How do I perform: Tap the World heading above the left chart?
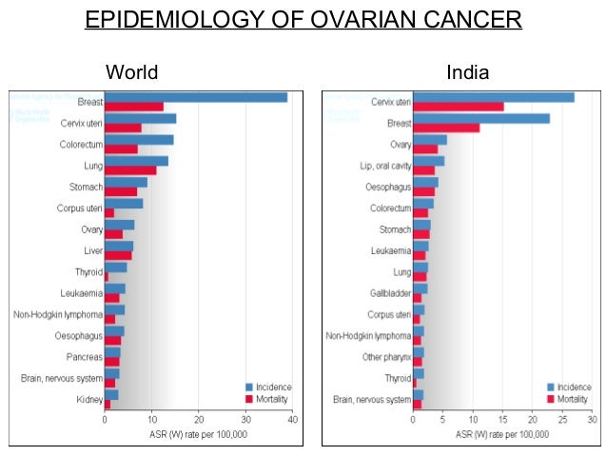tap(131, 72)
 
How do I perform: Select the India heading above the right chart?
tap(466, 72)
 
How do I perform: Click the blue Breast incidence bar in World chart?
tap(195, 97)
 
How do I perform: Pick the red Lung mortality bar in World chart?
tap(129, 170)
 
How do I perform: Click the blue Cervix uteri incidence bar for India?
tap(493, 97)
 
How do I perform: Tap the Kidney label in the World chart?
tap(88, 400)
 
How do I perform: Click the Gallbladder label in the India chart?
tap(390, 292)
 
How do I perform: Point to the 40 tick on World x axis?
tap(292, 420)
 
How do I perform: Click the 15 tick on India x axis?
tap(501, 420)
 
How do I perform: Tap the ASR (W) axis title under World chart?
tap(199, 434)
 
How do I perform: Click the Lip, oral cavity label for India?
tap(386, 166)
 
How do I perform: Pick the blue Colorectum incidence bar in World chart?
tap(139, 139)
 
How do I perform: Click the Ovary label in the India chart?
tap(401, 144)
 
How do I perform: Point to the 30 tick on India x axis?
tap(591, 420)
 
